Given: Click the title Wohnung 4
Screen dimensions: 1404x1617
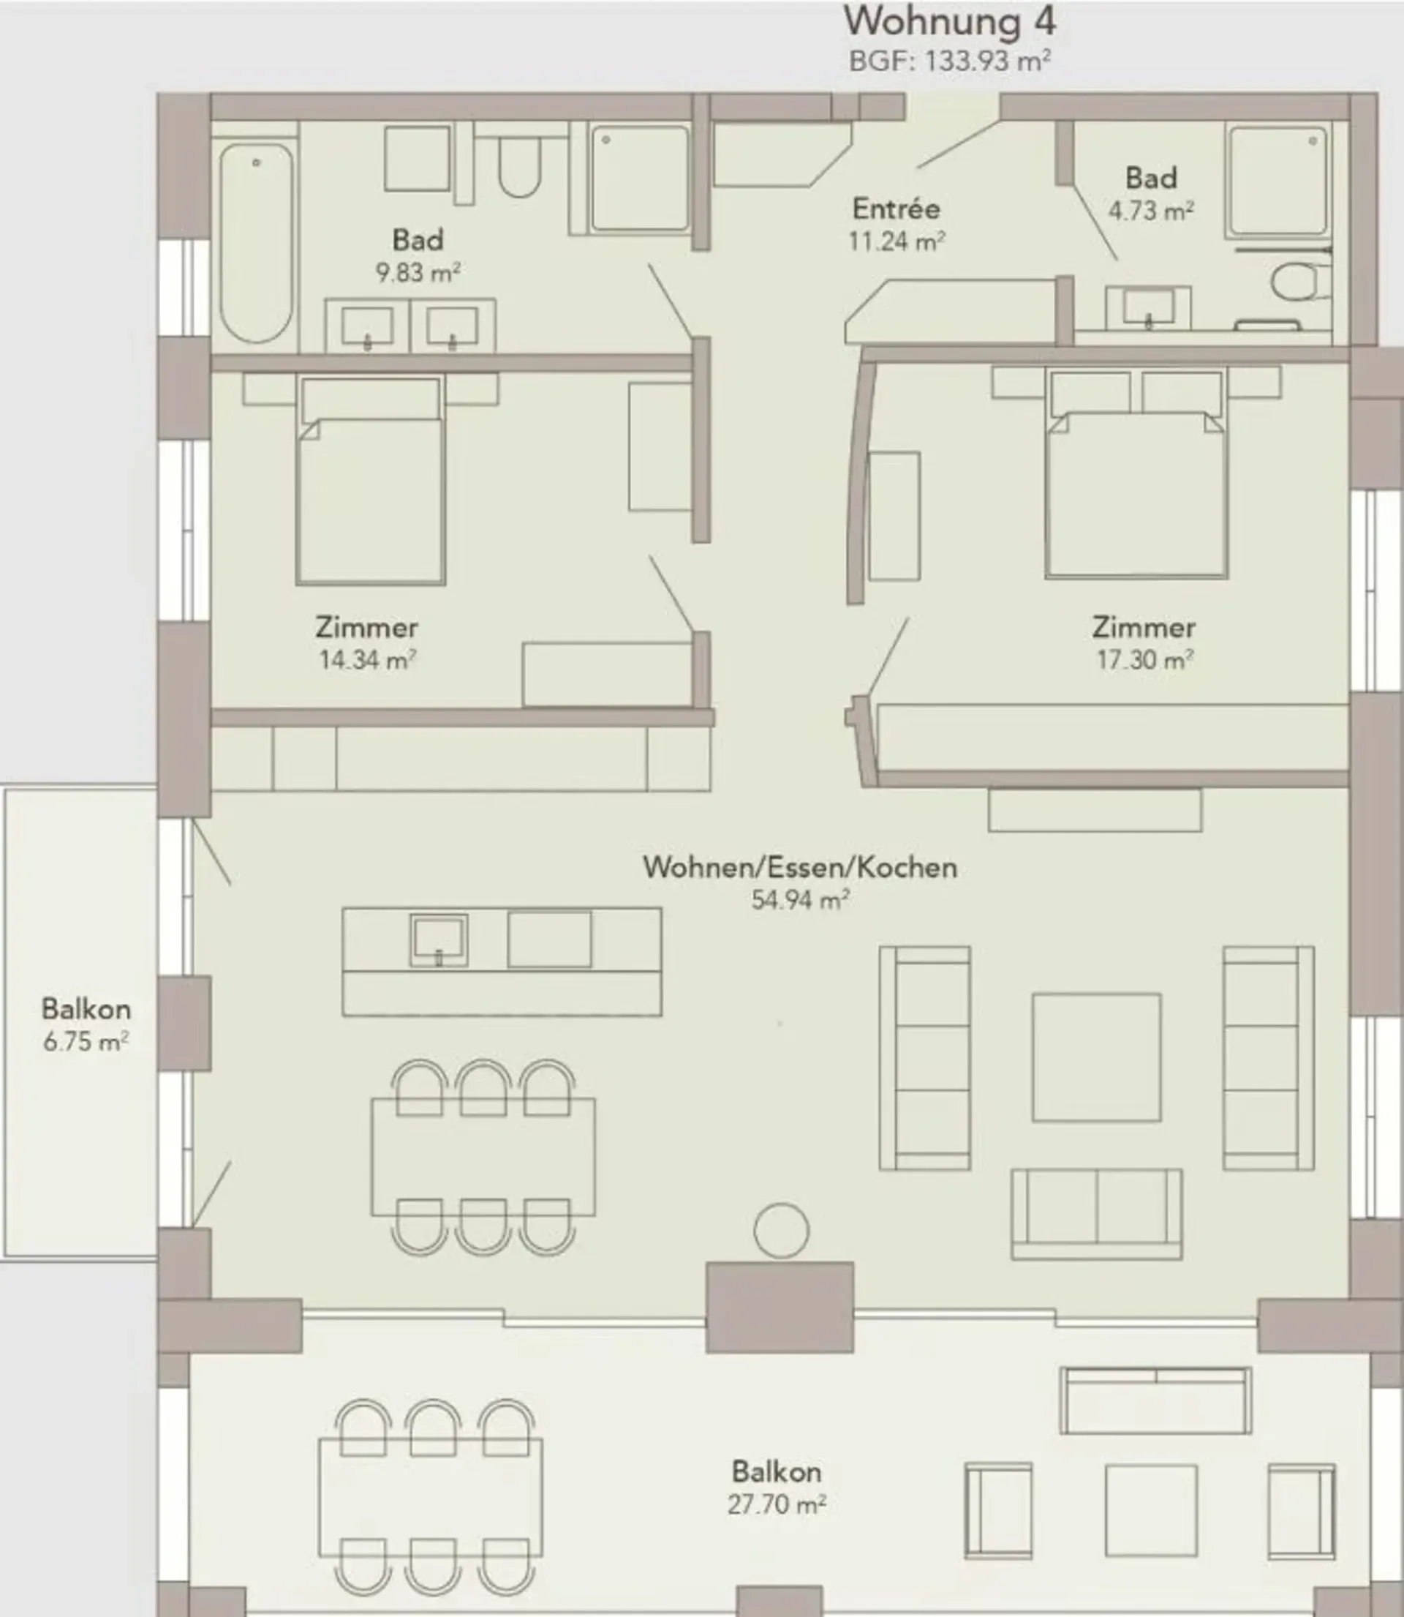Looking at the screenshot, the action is pyautogui.click(x=950, y=21).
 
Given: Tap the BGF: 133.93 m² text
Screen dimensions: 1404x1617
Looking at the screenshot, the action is pyautogui.click(x=950, y=60).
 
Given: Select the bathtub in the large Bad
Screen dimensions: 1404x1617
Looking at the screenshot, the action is pyautogui.click(x=256, y=243).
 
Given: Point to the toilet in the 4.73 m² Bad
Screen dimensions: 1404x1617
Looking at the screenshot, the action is pyautogui.click(x=1299, y=281).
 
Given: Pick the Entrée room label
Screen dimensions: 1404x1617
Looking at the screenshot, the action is pyautogui.click(x=897, y=209).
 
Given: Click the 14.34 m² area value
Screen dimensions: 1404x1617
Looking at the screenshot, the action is pyautogui.click(x=366, y=660).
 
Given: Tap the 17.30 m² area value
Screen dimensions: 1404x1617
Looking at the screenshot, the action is pyautogui.click(x=1144, y=660).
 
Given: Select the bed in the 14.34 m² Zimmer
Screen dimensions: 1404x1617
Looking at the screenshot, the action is pyautogui.click(x=370, y=480).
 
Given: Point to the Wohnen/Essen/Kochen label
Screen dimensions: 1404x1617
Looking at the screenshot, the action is pyautogui.click(x=800, y=868).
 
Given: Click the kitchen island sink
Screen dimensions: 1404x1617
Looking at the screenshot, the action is pyautogui.click(x=439, y=939).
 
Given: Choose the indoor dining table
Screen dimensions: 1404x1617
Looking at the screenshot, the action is pyautogui.click(x=483, y=1157).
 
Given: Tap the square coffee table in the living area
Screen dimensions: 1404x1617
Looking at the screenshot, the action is pyautogui.click(x=1096, y=1057).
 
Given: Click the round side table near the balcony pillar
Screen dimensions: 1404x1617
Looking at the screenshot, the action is pyautogui.click(x=781, y=1231).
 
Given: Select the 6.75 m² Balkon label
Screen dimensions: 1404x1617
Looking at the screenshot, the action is pyautogui.click(x=86, y=1024).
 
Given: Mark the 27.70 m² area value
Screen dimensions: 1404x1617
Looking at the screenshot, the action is pyautogui.click(x=777, y=1505).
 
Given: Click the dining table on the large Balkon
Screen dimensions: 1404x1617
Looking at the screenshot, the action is pyautogui.click(x=430, y=1497).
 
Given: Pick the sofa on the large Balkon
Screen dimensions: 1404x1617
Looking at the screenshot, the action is pyautogui.click(x=1155, y=1400).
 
